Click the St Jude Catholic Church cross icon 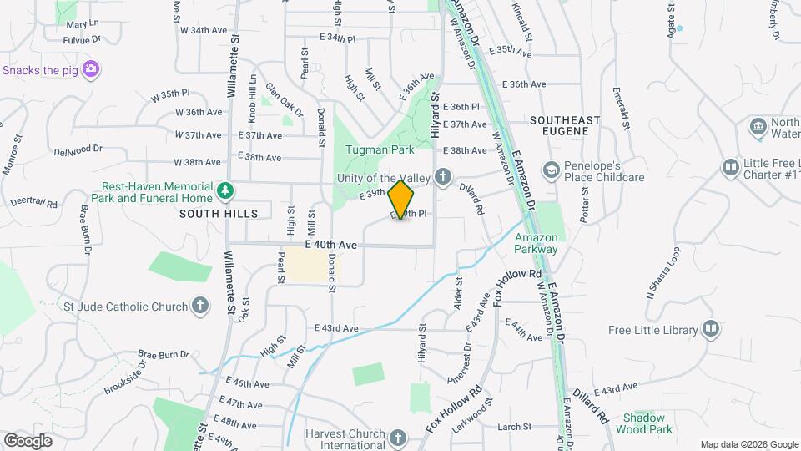tap(200, 307)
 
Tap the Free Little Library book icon tap(710, 329)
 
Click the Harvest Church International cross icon tap(398, 437)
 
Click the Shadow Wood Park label tap(643, 423)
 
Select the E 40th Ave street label tap(331, 245)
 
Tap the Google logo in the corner tap(28, 440)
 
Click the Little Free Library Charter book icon tap(731, 168)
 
